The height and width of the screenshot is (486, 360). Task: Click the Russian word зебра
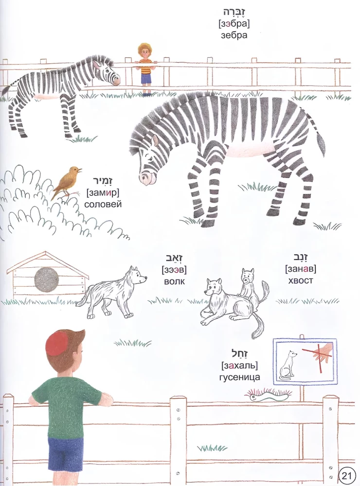[234, 35]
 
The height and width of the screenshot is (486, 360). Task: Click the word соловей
[103, 204]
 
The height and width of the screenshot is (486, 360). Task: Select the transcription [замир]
[103, 193]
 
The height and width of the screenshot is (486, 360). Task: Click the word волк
[174, 281]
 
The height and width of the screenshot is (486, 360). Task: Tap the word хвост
[301, 280]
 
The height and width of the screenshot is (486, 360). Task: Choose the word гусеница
[239, 377]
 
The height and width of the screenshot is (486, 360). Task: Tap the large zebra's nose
[146, 179]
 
